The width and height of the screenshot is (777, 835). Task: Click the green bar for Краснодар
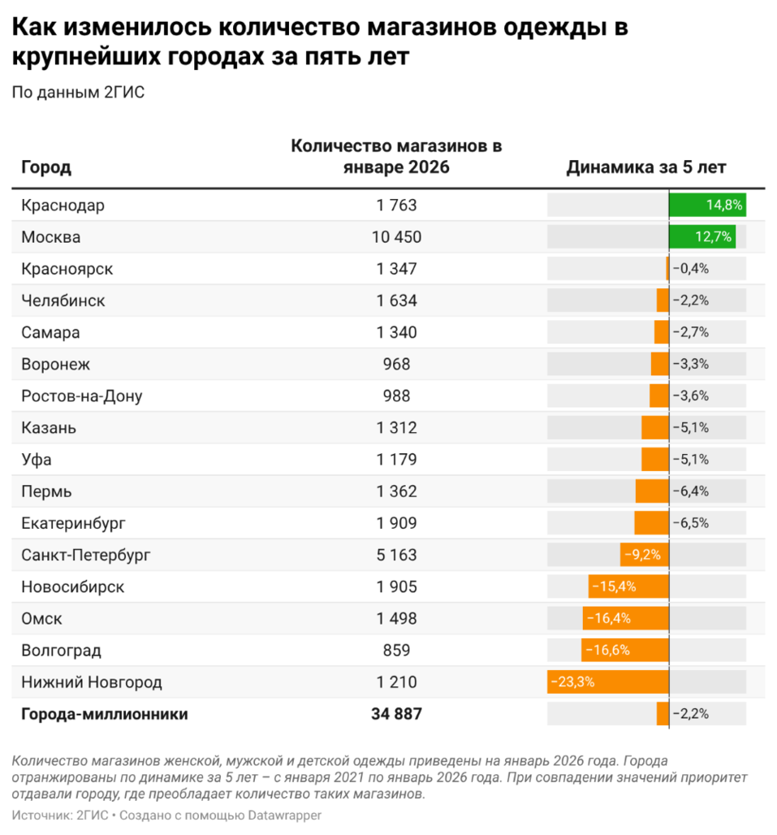(706, 206)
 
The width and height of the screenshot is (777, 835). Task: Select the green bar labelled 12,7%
(701, 237)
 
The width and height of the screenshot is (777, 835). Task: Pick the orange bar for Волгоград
(624, 650)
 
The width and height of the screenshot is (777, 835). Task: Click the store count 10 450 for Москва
(396, 237)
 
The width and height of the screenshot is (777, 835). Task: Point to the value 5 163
(396, 555)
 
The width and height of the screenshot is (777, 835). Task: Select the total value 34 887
(396, 714)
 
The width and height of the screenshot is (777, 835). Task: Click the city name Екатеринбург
(74, 523)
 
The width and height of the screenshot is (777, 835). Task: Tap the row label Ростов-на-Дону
(82, 396)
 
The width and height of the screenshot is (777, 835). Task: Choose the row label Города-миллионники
(105, 714)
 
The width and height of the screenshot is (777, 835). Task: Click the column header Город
(46, 167)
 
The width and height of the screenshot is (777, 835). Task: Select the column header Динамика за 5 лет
(645, 167)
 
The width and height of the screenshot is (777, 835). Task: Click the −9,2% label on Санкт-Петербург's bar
(641, 555)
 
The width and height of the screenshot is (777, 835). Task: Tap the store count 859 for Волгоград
(396, 650)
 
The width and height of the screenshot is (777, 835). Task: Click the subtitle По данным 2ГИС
(78, 92)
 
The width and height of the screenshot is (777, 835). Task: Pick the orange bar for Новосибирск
(628, 586)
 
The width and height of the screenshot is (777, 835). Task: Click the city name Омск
(41, 618)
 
